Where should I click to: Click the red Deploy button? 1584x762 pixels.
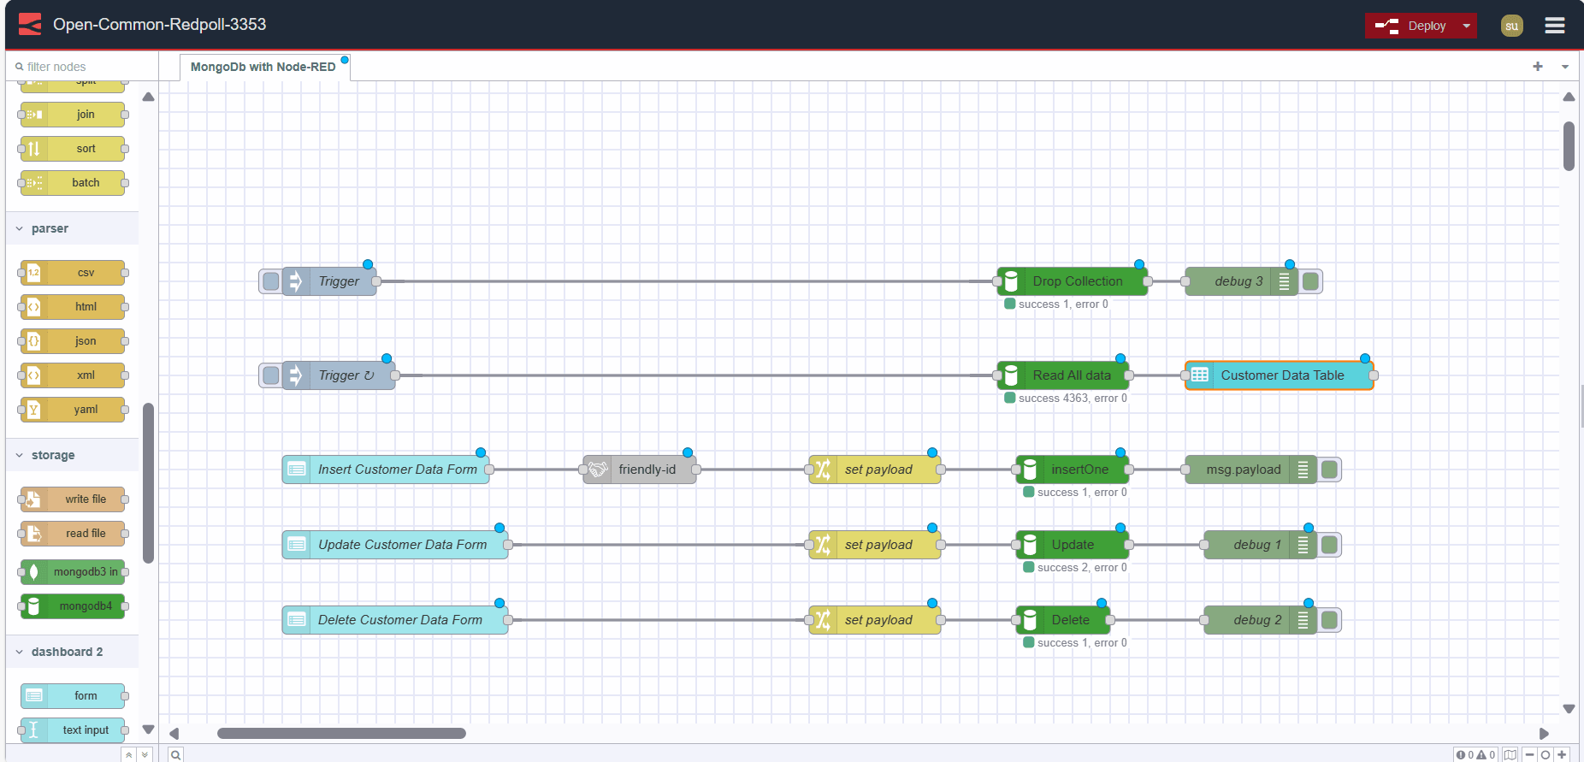point(1411,26)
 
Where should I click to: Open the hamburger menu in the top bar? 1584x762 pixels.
point(1554,26)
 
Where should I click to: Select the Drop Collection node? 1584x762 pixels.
point(1076,281)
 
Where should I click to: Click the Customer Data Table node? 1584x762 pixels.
point(1281,375)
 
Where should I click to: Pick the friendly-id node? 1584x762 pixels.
point(646,470)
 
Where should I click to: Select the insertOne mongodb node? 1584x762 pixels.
point(1079,470)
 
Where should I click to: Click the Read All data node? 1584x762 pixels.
point(1071,375)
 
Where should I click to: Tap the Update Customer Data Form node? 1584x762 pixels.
point(401,545)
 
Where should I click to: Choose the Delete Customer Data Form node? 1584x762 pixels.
point(399,620)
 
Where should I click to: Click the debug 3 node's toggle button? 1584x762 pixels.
point(1310,281)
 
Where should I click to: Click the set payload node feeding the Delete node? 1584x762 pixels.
point(878,620)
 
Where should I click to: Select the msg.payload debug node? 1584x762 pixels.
point(1242,470)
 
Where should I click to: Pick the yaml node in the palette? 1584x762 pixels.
point(85,410)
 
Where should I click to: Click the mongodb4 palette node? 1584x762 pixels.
point(85,606)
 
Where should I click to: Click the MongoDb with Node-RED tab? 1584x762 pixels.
point(263,67)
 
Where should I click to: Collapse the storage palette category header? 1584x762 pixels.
point(53,455)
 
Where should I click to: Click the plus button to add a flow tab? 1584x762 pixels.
point(1537,67)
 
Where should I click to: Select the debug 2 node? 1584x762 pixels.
point(1256,620)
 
